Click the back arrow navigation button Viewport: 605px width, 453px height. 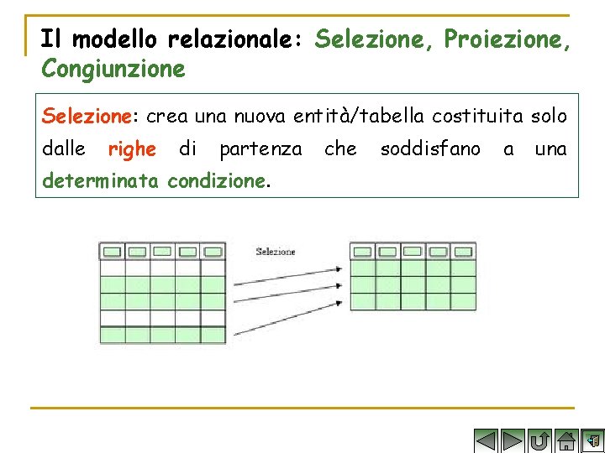487,440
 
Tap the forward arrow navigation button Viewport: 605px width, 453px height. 513,440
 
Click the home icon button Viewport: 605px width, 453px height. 567,440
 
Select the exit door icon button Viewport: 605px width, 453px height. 593,440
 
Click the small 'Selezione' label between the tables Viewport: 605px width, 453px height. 276,252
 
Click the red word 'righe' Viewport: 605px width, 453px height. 132,149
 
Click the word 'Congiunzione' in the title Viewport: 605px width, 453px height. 113,69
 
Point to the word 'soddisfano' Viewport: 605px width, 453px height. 430,149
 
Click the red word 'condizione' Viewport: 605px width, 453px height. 216,180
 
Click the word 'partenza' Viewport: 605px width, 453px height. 260,149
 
